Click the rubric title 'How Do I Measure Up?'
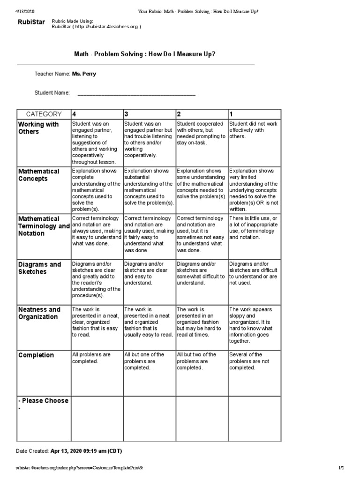(145, 54)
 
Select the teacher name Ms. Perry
(84, 74)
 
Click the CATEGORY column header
(44, 114)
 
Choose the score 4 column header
(74, 114)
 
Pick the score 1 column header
(232, 114)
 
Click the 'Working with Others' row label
(38, 128)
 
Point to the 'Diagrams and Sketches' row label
(39, 268)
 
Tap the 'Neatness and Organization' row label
(39, 313)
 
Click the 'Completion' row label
(36, 355)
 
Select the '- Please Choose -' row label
(43, 404)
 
